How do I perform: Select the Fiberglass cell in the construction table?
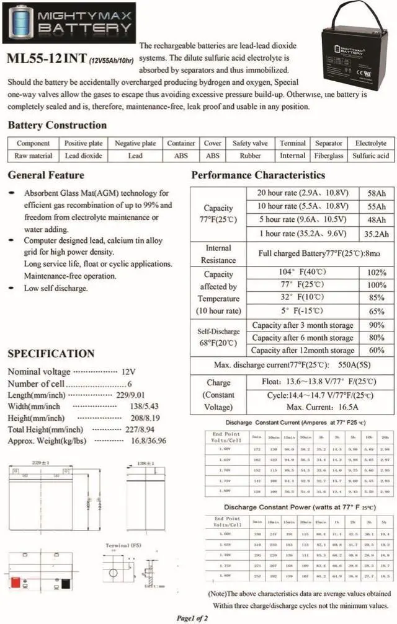click(x=328, y=156)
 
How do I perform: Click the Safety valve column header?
click(x=250, y=143)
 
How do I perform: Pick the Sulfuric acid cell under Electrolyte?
click(x=370, y=156)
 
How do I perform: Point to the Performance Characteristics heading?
click(x=258, y=175)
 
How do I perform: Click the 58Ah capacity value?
click(x=376, y=193)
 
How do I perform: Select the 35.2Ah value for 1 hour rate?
click(x=376, y=234)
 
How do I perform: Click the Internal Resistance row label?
click(x=218, y=254)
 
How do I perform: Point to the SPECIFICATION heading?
click(x=51, y=354)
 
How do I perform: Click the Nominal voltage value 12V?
click(x=128, y=372)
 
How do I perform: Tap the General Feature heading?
click(x=46, y=175)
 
